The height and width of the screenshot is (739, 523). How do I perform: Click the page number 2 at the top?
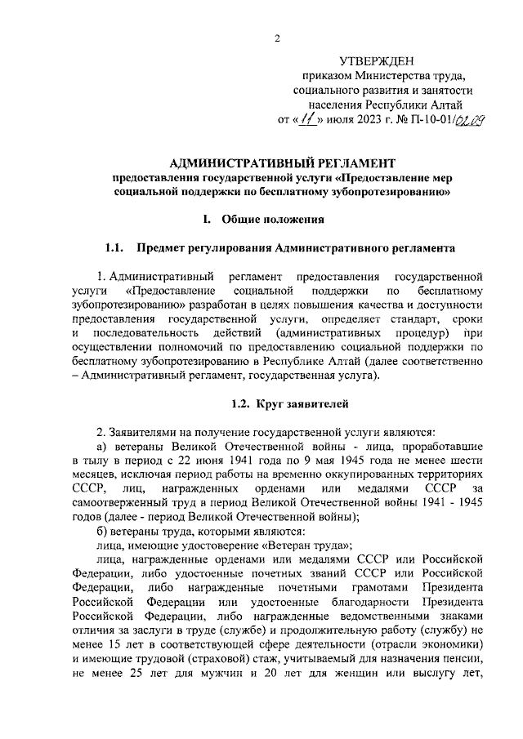(x=277, y=38)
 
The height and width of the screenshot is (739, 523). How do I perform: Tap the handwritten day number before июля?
(x=306, y=120)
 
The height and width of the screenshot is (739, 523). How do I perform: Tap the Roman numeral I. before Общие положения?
(x=208, y=219)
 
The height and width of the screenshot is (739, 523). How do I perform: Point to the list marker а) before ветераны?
(x=102, y=447)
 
